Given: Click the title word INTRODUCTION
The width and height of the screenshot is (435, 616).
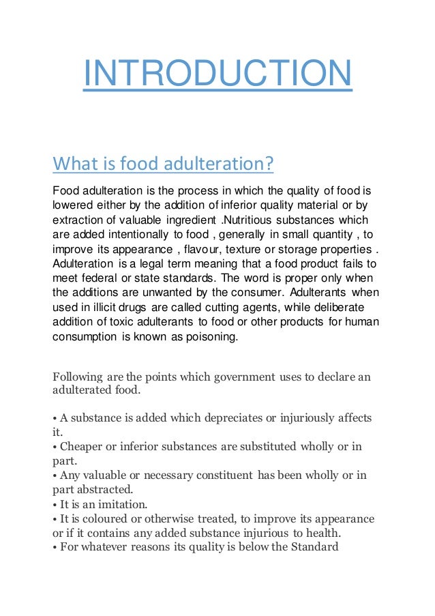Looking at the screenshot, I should (217, 75).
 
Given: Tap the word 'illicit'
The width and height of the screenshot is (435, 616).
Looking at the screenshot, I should (104, 308).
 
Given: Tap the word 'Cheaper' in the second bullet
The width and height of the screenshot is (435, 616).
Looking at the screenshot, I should (83, 447).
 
